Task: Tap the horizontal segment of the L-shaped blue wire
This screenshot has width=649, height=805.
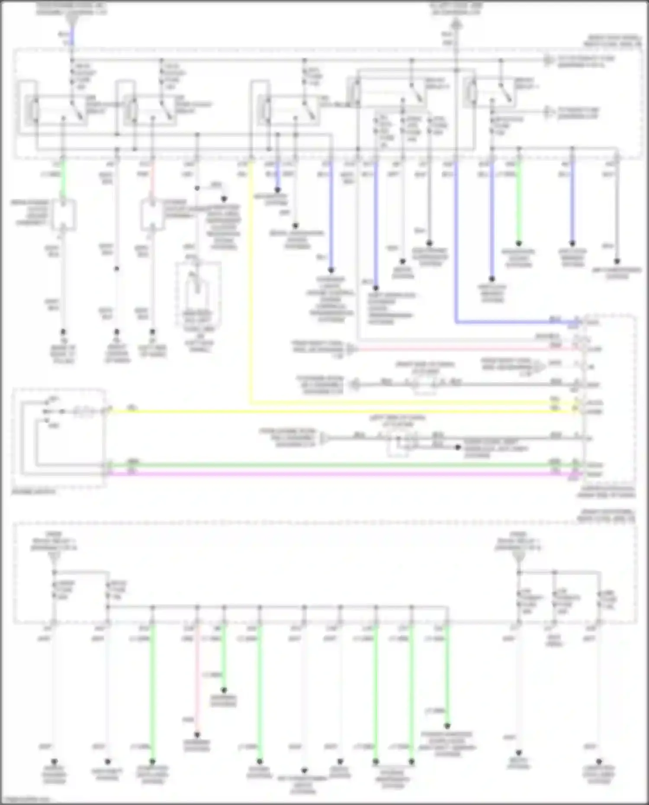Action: coord(515,322)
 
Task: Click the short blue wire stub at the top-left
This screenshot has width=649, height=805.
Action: coord(72,37)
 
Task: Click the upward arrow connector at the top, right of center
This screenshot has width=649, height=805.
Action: coord(457,25)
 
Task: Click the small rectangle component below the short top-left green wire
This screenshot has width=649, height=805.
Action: coord(64,215)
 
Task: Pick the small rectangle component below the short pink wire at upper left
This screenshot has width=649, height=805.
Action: coord(152,215)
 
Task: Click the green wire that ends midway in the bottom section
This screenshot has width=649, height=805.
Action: coord(224,657)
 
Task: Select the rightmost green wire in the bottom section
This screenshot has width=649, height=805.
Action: coord(447,675)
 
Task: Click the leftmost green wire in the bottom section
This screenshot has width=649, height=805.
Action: coord(152,692)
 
